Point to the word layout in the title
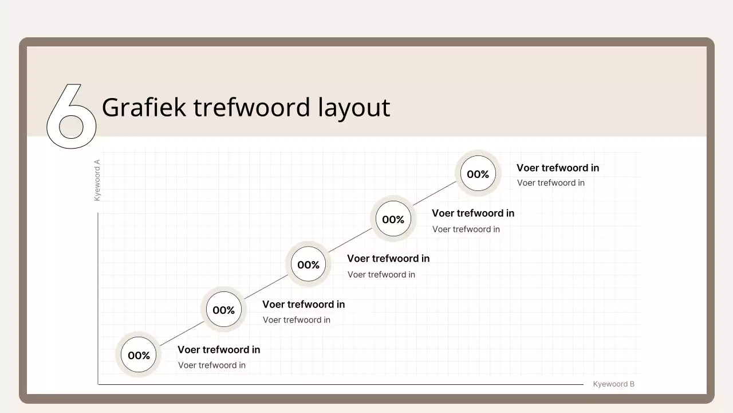tap(353, 108)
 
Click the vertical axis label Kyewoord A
tap(97, 180)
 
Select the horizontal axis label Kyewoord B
tap(613, 384)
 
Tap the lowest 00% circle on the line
tap(139, 356)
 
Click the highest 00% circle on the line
tap(478, 174)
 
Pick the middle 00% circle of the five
tap(308, 265)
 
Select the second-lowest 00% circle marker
tap(223, 310)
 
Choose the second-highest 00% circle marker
tap(393, 220)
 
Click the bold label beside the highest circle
tap(557, 168)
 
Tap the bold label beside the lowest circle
tap(218, 350)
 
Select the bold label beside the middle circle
tap(388, 259)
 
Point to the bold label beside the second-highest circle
tap(472, 213)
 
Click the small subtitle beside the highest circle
tap(550, 183)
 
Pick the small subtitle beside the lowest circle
tap(211, 365)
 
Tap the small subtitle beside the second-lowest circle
tap(296, 320)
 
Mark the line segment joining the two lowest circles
tap(181, 333)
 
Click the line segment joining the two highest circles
tap(435, 197)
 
